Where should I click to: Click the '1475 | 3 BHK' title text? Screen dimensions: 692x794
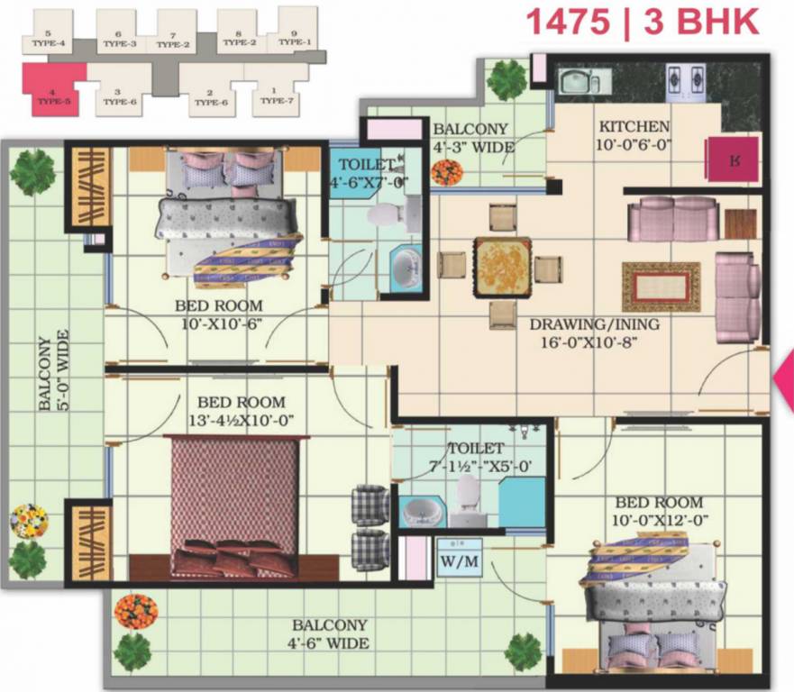tap(641, 21)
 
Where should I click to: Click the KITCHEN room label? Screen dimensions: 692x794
tap(634, 127)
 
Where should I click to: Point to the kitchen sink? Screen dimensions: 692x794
tap(575, 82)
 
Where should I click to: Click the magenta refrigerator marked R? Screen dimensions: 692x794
tap(735, 159)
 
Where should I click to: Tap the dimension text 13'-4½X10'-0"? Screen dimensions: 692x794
tap(241, 420)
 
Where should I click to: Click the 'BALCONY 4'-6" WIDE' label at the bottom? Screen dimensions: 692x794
tap(329, 634)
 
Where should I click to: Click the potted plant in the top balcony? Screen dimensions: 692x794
tap(506, 80)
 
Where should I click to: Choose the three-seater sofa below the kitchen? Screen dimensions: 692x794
tap(672, 219)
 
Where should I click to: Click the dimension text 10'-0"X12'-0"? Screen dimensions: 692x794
tap(659, 520)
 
